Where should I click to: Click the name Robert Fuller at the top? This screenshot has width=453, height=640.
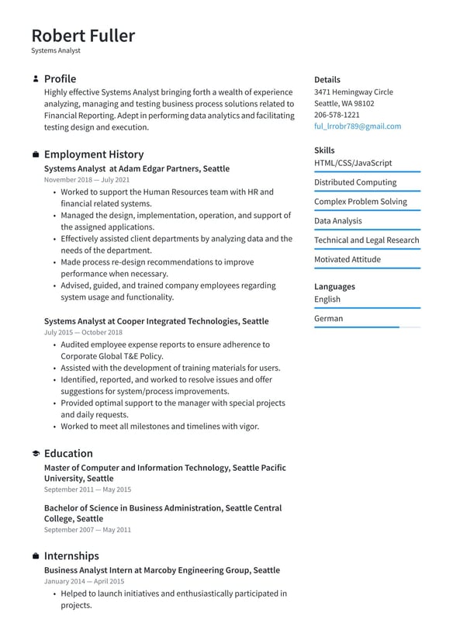[x=83, y=36]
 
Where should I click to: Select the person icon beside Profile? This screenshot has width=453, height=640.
[x=36, y=79]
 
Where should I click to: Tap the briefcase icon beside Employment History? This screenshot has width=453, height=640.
[x=36, y=155]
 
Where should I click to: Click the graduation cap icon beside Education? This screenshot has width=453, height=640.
[x=36, y=454]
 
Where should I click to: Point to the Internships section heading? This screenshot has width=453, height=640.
[x=71, y=556]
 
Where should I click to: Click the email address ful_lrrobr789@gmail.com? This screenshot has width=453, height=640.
[x=358, y=126]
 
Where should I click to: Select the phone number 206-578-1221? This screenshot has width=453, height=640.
[x=337, y=115]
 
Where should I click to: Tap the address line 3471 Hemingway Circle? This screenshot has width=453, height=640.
[x=353, y=92]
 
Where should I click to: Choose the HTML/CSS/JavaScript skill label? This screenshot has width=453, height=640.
[x=353, y=163]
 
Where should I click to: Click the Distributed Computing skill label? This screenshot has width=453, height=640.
[x=355, y=182]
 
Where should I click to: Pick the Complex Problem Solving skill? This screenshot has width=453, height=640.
[x=360, y=202]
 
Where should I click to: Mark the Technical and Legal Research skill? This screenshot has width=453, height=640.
[x=366, y=240]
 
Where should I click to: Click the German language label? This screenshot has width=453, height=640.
[x=328, y=318]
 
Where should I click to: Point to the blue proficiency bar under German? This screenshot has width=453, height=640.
[x=356, y=327]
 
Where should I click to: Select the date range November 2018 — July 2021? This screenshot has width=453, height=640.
[x=87, y=180]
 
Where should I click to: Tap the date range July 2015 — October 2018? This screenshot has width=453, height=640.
[x=83, y=332]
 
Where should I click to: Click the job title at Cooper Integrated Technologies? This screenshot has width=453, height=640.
[x=156, y=321]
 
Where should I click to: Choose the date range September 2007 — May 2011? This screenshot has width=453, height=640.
[x=87, y=530]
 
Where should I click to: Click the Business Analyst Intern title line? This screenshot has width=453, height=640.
[x=161, y=570]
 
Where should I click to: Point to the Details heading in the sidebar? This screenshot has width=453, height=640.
[x=327, y=79]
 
